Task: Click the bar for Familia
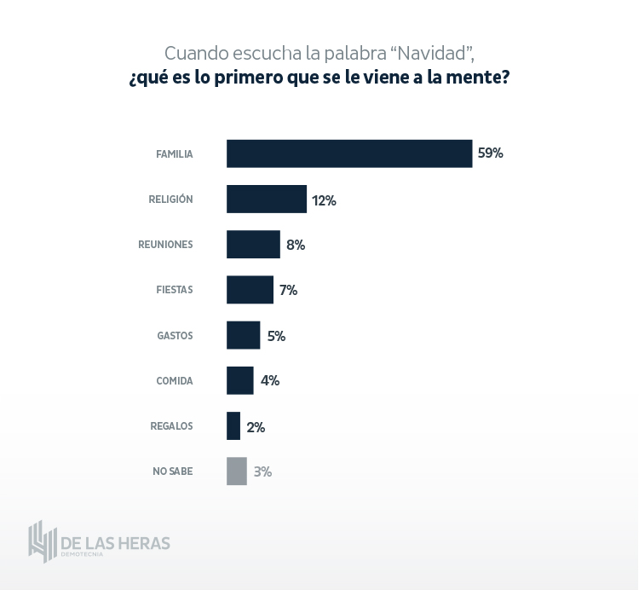(x=349, y=153)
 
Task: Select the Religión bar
(x=266, y=199)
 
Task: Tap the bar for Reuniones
(x=253, y=244)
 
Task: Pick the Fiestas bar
(x=250, y=290)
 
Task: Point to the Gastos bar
(x=243, y=335)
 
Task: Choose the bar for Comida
(x=239, y=380)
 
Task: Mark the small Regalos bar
(x=233, y=425)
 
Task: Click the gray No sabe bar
(x=236, y=471)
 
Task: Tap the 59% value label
(x=491, y=153)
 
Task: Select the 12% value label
(x=324, y=200)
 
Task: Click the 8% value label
(x=296, y=245)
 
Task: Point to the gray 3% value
(x=262, y=471)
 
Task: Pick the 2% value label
(x=256, y=426)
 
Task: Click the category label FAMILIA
(x=174, y=154)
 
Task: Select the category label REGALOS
(x=171, y=426)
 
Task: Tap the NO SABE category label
(x=172, y=471)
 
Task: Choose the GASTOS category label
(x=175, y=336)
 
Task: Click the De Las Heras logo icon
(x=42, y=541)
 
